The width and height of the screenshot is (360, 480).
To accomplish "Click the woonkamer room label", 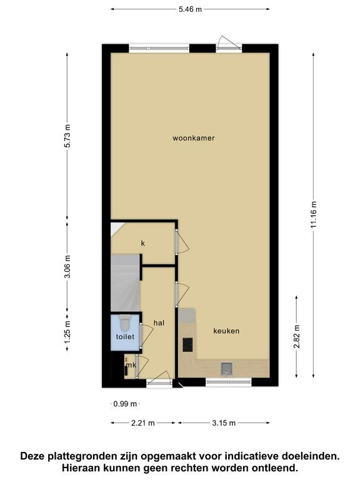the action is (194, 138).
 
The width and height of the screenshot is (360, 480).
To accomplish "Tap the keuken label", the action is (226, 331).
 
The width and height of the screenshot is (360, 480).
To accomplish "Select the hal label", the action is (159, 322).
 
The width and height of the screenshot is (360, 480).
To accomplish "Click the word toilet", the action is (125, 337).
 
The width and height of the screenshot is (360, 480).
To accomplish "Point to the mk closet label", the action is (131, 365).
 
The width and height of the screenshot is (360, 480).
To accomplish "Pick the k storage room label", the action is (142, 243).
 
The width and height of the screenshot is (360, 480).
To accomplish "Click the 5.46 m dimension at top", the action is (190, 9).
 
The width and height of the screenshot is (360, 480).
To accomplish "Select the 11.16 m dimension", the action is (314, 215).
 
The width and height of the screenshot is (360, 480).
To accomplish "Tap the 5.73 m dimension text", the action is (67, 136).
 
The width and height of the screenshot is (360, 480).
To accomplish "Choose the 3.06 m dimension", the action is (67, 267).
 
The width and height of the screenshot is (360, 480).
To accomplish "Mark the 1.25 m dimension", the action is (67, 332).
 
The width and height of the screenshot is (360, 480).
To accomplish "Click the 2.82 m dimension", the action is (297, 337).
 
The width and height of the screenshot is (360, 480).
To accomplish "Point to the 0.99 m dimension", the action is (125, 404).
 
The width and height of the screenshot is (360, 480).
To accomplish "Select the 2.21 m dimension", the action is (143, 423).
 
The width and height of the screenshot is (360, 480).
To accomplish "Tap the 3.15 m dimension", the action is (224, 423).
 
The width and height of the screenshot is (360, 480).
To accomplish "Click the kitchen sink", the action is (227, 369).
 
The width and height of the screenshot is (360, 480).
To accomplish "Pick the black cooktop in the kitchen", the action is (187, 345).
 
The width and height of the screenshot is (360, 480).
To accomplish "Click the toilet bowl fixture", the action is (124, 323).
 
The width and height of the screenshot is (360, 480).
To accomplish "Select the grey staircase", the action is (126, 283).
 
